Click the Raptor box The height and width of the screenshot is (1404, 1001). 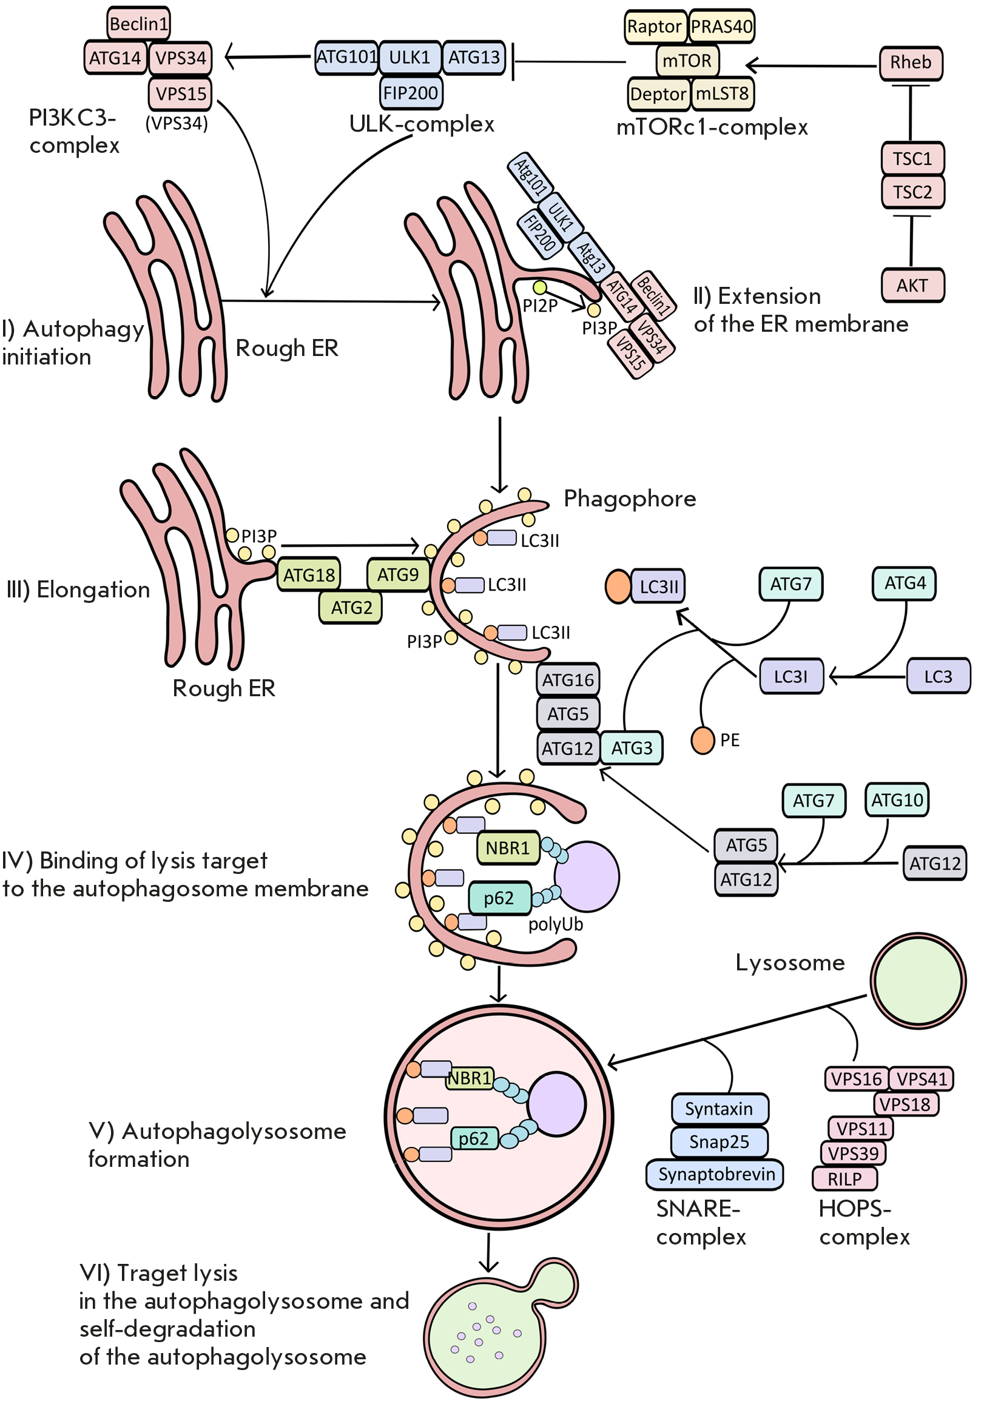[655, 27]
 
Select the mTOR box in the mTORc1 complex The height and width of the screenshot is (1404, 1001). [687, 61]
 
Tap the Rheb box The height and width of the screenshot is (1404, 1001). [911, 63]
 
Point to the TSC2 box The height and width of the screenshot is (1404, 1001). [912, 192]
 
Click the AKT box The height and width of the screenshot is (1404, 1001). [912, 285]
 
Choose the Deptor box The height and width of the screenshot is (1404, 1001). [658, 94]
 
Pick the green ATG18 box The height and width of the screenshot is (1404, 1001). [309, 575]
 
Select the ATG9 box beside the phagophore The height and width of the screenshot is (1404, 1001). [397, 575]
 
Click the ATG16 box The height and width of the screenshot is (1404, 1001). [568, 680]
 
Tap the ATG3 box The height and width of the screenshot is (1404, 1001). [632, 748]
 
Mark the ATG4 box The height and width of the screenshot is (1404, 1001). [904, 583]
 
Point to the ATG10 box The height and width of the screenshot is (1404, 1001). [897, 800]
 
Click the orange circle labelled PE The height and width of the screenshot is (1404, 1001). [703, 741]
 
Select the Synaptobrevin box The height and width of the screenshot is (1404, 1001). [715, 1174]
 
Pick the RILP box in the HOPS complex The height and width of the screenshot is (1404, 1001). [844, 1179]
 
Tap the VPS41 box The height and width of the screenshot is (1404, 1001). [921, 1080]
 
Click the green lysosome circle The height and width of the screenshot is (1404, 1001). [918, 981]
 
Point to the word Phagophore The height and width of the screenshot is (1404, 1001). [630, 499]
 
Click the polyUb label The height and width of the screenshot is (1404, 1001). [555, 924]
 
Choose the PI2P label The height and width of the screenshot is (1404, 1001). [540, 306]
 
